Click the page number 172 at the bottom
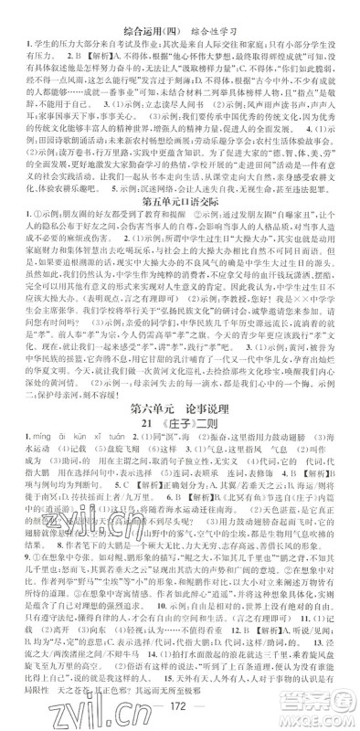[x=180, y=711]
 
